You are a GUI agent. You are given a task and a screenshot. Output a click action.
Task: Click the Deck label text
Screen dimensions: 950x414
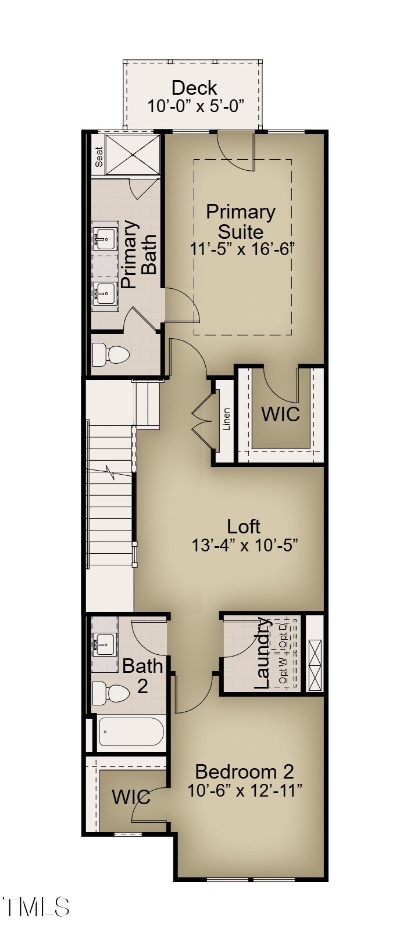(x=194, y=88)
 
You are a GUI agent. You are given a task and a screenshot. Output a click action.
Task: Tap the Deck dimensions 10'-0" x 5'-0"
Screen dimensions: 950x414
(x=194, y=106)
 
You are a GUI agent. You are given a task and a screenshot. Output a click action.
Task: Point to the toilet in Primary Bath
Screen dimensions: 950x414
(x=110, y=354)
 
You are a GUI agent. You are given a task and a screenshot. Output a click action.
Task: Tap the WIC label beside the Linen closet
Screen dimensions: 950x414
(x=280, y=414)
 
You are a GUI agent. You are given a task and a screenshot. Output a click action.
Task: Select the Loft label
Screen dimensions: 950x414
(x=243, y=526)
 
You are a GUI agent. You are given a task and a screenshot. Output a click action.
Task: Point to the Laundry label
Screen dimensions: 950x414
(x=263, y=653)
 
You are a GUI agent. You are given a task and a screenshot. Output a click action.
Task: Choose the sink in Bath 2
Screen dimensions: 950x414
(x=105, y=643)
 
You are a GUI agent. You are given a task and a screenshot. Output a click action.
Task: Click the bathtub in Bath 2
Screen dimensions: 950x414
(x=131, y=732)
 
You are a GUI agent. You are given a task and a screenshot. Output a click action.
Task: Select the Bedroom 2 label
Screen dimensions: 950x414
(x=244, y=772)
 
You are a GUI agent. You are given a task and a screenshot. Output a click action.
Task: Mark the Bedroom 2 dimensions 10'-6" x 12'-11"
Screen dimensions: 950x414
(x=245, y=790)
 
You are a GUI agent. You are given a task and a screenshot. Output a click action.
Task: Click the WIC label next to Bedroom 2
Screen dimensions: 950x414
(x=131, y=797)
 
